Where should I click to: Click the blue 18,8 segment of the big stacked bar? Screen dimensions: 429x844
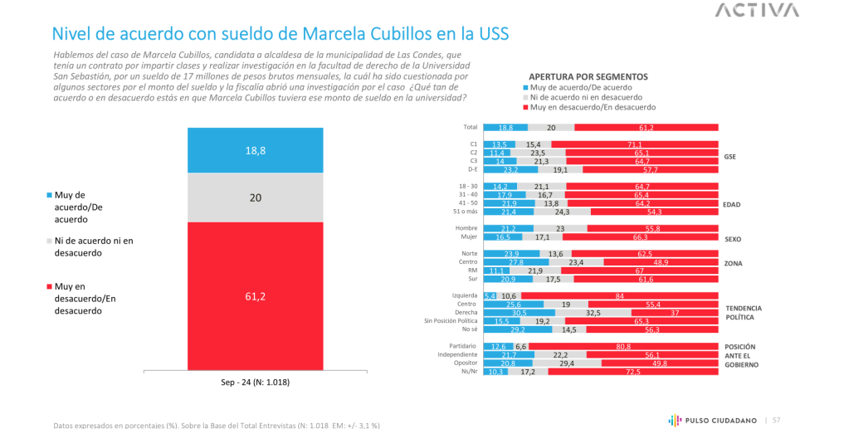pyautogui.click(x=256, y=150)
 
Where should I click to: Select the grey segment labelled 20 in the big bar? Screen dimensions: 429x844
pyautogui.click(x=256, y=197)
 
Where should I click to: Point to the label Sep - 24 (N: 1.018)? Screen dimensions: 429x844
pyautogui.click(x=256, y=382)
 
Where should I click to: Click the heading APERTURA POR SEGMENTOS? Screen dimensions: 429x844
pyautogui.click(x=588, y=76)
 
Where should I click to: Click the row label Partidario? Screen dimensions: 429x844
pyautogui.click(x=463, y=346)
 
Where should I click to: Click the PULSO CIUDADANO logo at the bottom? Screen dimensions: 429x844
pyautogui.click(x=712, y=420)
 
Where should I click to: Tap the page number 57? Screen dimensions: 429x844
pyautogui.click(x=777, y=420)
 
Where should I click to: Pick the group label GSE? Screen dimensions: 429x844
pyautogui.click(x=730, y=156)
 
